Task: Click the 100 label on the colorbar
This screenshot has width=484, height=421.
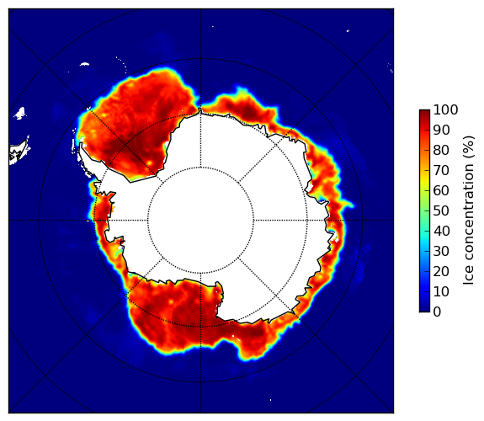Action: coord(445,109)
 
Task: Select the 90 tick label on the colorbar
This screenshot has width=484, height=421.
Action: coord(441,130)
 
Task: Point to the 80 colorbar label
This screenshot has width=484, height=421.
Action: coord(441,150)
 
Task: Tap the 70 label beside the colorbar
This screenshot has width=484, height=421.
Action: coord(441,170)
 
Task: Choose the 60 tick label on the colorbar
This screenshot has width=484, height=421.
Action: coord(441,190)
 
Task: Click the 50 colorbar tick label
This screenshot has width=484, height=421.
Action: coord(441,211)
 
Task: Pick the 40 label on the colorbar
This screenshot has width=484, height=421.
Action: coord(441,231)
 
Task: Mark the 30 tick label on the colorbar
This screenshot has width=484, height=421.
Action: coord(441,252)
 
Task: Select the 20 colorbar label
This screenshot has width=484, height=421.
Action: coord(441,271)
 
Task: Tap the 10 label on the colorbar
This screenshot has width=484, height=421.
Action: coord(441,292)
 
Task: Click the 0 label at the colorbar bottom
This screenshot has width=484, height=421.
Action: coord(438,312)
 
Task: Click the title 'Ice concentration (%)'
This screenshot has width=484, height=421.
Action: coord(469,210)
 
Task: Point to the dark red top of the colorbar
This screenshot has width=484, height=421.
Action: coord(424,112)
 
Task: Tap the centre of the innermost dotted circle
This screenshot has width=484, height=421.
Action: coord(200,220)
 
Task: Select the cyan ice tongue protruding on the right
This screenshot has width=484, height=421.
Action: coord(348,204)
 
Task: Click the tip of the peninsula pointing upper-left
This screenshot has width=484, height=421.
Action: coord(81,144)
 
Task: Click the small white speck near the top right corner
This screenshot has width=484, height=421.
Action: coord(348,30)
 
